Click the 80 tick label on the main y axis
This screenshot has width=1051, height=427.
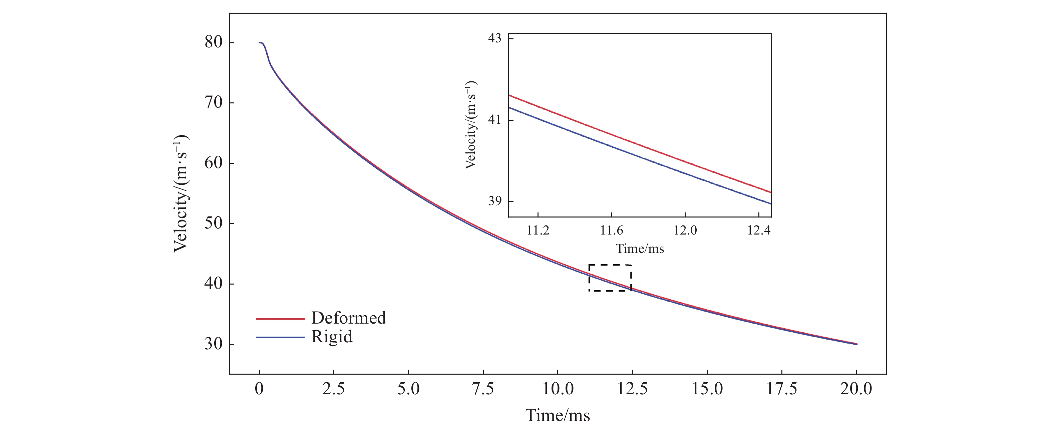pos(214,42)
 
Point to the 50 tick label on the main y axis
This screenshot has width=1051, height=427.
pos(214,224)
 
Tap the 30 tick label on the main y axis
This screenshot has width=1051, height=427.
pos(214,344)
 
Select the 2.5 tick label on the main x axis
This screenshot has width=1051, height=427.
pos(333,389)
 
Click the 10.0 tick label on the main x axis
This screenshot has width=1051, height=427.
pos(557,389)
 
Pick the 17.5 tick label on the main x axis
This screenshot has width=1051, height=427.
pos(781,389)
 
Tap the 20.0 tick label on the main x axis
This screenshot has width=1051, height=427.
pos(856,389)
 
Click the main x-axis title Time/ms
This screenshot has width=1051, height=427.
pos(557,416)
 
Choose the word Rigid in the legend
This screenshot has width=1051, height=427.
pos(332,337)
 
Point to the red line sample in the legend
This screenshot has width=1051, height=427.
pos(280,319)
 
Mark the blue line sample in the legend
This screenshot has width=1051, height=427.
pos(280,337)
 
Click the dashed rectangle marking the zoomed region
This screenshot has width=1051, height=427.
pos(610,265)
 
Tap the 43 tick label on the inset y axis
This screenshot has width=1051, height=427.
pos(494,38)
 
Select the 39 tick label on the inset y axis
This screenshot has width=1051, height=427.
pos(494,201)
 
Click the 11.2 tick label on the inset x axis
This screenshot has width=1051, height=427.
pos(538,231)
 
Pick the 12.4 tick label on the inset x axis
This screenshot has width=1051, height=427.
pos(758,231)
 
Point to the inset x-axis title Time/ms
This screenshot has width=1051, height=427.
pos(640,249)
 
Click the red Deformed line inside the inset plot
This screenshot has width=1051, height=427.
pos(640,143)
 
